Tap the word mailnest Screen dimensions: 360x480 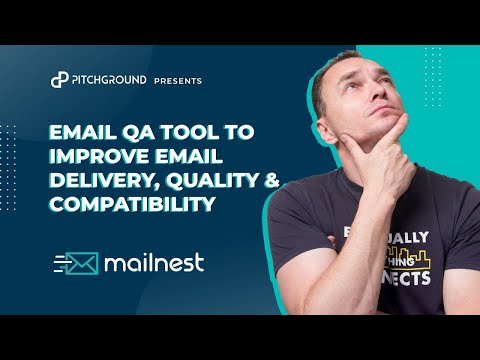[x=159, y=264]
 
